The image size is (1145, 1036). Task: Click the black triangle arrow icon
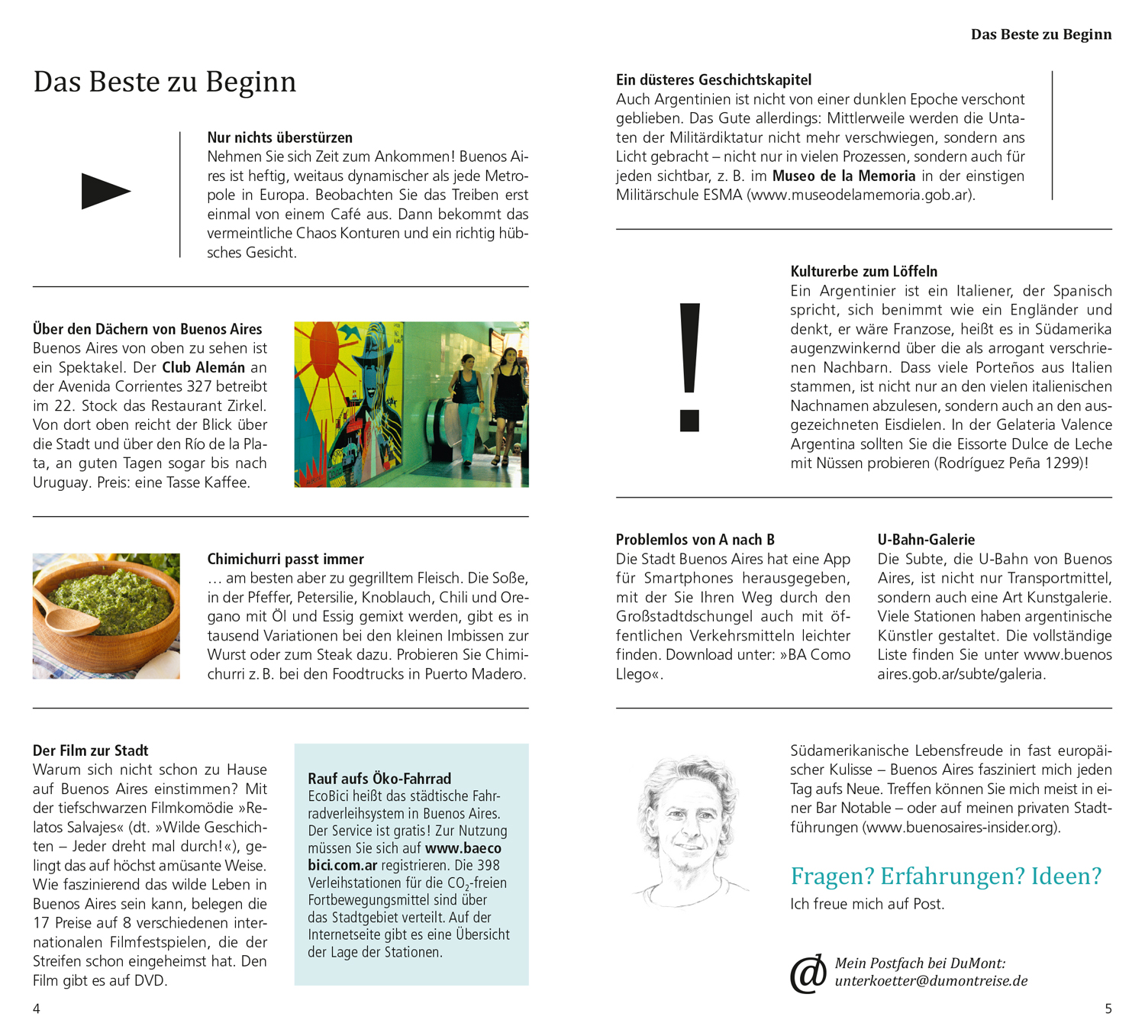(105, 192)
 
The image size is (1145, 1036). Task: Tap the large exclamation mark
(689, 366)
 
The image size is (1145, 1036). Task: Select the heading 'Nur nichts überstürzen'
(279, 137)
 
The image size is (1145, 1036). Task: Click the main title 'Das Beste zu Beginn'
(164, 82)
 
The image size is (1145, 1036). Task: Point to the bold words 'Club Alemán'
(203, 367)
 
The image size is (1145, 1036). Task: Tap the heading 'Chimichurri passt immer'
(285, 559)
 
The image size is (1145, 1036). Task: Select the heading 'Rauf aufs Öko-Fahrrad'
(379, 779)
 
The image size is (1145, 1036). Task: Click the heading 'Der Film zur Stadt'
(90, 750)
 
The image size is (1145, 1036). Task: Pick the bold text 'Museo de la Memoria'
(843, 176)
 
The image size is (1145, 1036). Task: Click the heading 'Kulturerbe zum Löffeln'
(863, 271)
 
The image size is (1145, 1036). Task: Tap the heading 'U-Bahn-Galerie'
(926, 540)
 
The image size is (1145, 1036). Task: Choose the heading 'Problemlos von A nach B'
(695, 540)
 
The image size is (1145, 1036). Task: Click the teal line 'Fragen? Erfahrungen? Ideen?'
(946, 876)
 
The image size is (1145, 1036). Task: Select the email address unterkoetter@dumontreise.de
(931, 981)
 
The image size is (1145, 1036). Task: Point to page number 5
(1108, 1009)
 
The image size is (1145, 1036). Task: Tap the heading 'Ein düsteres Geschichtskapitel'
(713, 79)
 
